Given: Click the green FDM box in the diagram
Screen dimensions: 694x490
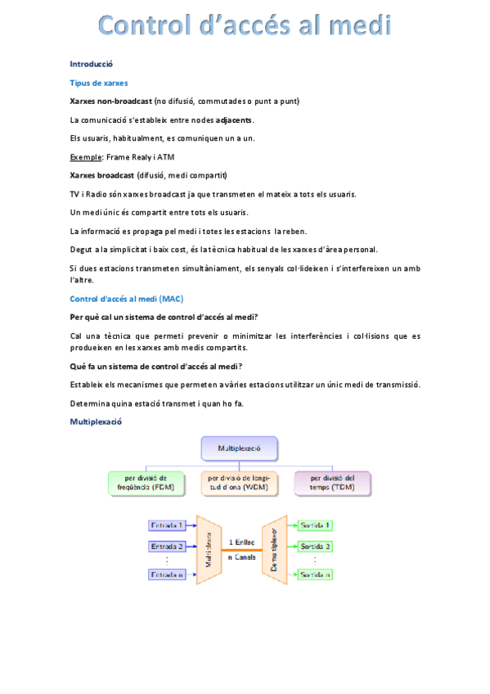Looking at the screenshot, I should pos(147,483).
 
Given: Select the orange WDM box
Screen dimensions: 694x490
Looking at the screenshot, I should pos(241,483).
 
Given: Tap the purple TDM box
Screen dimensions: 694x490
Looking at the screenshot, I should pos(332,483).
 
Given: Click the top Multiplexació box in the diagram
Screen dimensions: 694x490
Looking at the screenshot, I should pos(239,449).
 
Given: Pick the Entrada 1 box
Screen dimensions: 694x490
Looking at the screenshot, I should pos(166,525).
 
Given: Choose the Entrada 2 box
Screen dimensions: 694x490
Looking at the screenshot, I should pos(166,546).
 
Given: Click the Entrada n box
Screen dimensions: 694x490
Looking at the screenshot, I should pos(166,575).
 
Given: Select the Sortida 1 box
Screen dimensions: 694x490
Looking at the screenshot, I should pos(315,525).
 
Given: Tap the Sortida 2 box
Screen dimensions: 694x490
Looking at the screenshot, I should pos(315,546).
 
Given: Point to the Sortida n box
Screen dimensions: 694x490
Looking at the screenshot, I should pos(315,575).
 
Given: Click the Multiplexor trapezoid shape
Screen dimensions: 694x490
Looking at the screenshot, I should pos(209,549).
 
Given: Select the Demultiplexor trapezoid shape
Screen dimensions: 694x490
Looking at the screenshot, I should pos(274,549).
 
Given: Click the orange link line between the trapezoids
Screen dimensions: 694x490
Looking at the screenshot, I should pos(241,550).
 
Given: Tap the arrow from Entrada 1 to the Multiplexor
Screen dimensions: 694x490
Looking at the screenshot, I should pos(191,525).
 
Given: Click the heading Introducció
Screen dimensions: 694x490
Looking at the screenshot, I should pos(91,64).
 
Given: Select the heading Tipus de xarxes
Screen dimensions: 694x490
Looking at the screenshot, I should pos(98,83).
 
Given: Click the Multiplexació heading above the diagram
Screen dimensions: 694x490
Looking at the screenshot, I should pos(96,422).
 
